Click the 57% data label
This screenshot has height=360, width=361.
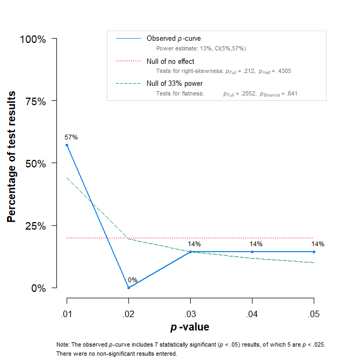click(x=71, y=137)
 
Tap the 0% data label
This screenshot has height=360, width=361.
click(x=133, y=280)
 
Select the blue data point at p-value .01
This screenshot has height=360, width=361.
click(x=67, y=145)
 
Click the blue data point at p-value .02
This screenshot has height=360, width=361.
click(x=129, y=288)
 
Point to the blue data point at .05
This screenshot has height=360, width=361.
click(x=314, y=252)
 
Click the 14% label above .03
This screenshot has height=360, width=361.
click(x=194, y=244)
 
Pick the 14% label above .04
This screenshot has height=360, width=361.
click(x=256, y=244)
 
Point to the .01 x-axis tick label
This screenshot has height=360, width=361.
click(x=67, y=312)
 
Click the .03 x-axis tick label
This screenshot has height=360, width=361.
click(x=190, y=312)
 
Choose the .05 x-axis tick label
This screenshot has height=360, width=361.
click(x=314, y=312)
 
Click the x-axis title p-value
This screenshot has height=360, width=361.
click(x=190, y=327)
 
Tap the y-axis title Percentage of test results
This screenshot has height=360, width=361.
click(x=11, y=157)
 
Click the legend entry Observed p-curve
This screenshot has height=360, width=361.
click(x=174, y=39)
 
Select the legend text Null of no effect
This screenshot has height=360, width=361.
click(x=170, y=62)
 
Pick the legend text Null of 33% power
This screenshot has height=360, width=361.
click(x=175, y=84)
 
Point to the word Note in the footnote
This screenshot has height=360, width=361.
click(x=62, y=344)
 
